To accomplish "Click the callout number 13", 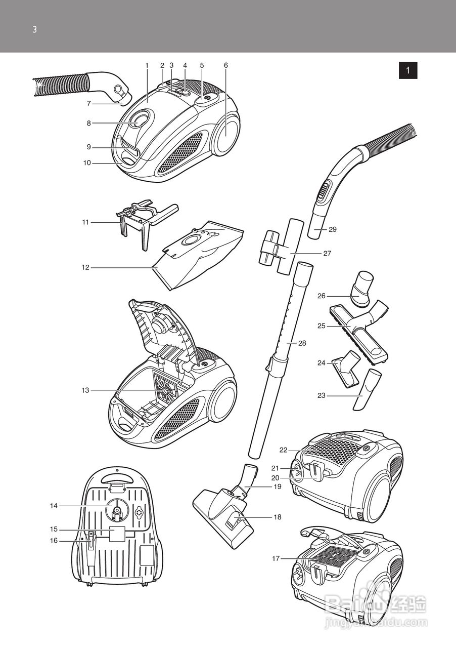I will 85,390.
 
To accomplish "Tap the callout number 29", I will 332,229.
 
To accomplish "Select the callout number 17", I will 276,558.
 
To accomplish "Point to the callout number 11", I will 85,222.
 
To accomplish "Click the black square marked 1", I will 408,70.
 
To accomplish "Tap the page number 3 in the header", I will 34,29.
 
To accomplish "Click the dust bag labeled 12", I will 202,253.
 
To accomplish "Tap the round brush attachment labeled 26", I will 363,289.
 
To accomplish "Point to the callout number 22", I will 283,450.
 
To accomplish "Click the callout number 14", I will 54,506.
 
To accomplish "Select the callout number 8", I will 88,123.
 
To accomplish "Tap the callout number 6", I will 225,65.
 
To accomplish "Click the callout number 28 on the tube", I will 302,343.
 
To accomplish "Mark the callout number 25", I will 321,326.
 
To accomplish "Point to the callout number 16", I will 54,541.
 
